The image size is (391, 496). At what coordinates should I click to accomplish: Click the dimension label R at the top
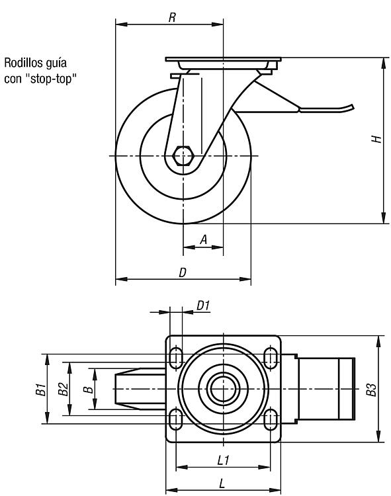point(172,17)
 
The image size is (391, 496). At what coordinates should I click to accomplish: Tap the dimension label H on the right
point(376,139)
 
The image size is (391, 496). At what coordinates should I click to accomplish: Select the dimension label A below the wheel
point(204,239)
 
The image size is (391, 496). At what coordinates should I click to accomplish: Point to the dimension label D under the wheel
point(183,272)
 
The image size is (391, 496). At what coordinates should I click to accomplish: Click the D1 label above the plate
point(203,306)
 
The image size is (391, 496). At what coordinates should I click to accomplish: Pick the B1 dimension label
point(41,389)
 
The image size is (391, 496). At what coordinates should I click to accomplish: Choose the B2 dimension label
point(64,389)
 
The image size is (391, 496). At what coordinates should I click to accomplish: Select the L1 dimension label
point(224,460)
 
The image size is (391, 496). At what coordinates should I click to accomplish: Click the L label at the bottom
point(222,483)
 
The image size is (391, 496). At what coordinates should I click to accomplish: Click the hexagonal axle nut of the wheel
point(183,155)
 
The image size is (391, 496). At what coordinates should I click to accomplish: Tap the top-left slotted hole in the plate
point(176,358)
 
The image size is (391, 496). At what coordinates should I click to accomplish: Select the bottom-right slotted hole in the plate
point(271,419)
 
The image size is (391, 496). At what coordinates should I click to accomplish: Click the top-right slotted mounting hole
point(271,358)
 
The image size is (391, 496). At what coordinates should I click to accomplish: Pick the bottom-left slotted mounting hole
point(176,419)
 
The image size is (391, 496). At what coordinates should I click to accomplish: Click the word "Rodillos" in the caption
point(21,63)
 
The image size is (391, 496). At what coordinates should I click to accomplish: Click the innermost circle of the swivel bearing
point(223,389)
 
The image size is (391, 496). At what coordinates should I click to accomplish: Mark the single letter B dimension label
point(89,389)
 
